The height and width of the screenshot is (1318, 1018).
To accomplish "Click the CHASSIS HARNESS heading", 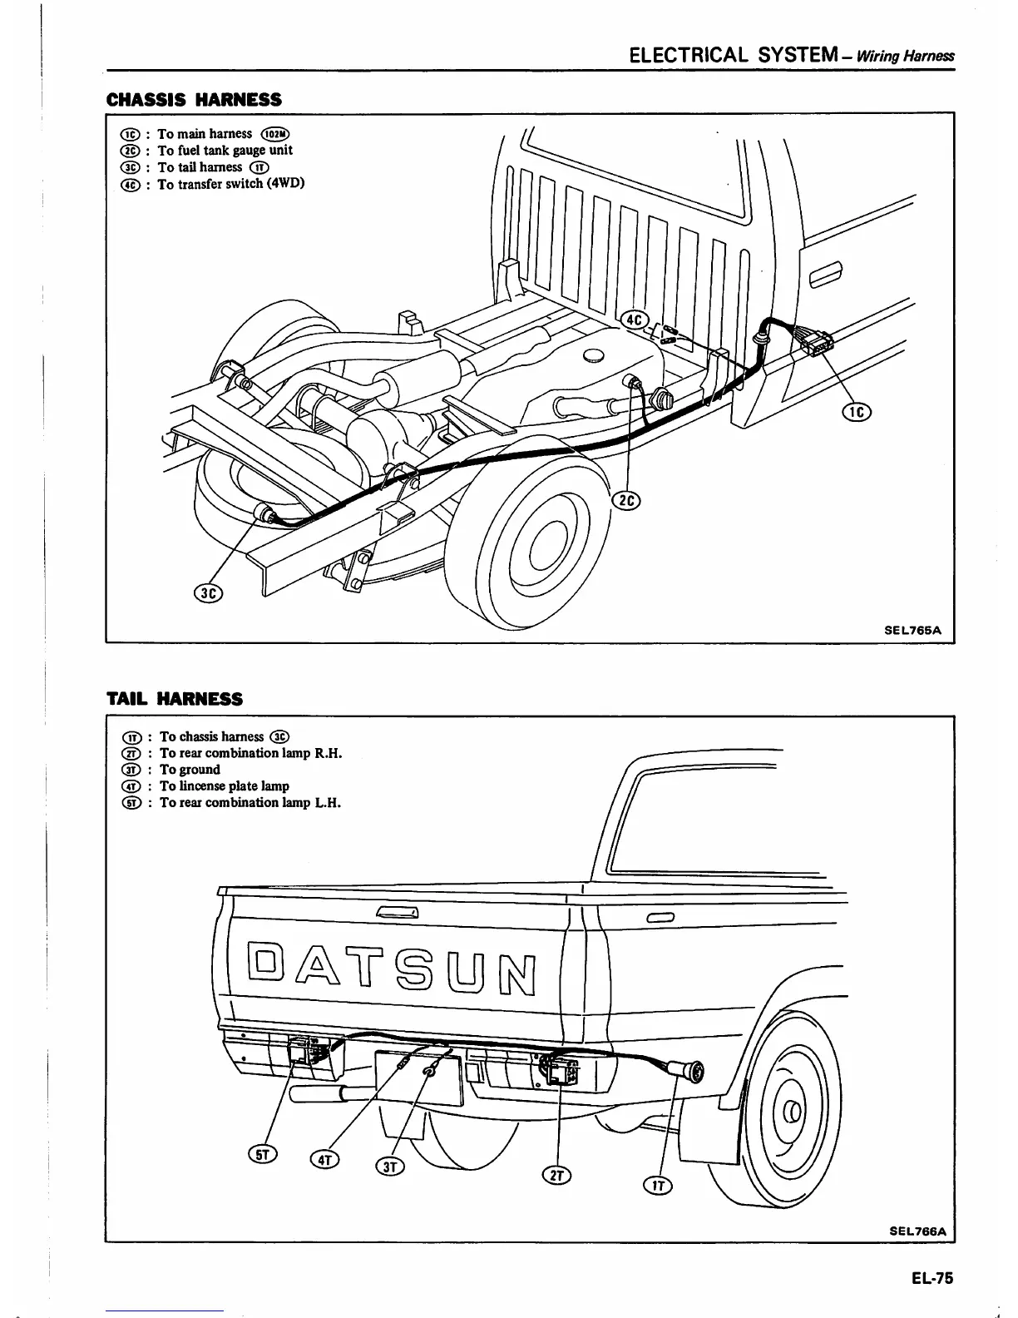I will coord(194,100).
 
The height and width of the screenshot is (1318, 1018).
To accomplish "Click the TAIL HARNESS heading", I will coord(175,699).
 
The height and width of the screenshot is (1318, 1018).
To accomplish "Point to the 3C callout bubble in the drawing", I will coord(209,593).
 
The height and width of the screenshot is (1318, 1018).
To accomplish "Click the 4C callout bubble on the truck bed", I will coord(636,320).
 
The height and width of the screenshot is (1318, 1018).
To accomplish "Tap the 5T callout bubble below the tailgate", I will coord(262,1153).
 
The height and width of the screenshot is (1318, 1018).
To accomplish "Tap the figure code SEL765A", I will coord(912,630).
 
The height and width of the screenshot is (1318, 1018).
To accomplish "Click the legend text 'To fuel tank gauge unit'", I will coord(225,151).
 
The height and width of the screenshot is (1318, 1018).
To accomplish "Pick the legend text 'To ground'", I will coord(190,770).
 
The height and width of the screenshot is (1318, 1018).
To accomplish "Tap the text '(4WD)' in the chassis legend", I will coord(285,184).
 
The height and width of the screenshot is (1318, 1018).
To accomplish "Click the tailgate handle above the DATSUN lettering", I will coord(397,914).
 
